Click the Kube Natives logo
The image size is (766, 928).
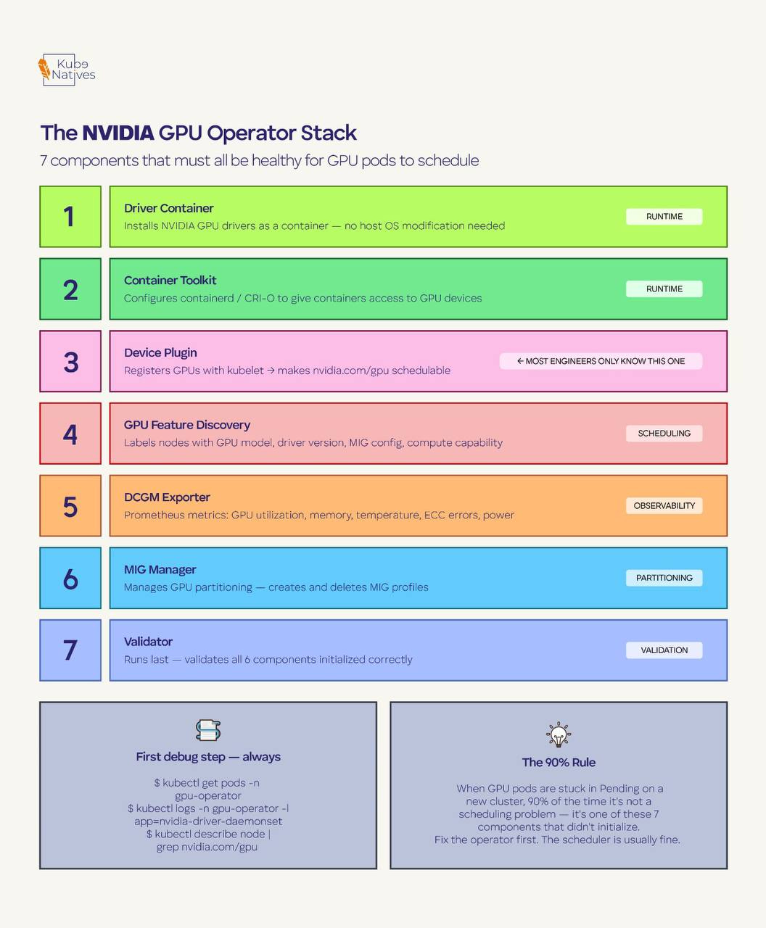pyautogui.click(x=67, y=70)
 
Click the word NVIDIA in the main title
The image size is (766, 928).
pyautogui.click(x=118, y=133)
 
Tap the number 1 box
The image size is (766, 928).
pyautogui.click(x=70, y=217)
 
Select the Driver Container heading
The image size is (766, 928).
pyautogui.click(x=168, y=208)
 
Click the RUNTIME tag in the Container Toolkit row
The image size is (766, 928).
pyautogui.click(x=664, y=289)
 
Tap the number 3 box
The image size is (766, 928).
pyautogui.click(x=70, y=361)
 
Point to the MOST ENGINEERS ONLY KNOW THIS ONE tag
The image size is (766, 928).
pyautogui.click(x=601, y=361)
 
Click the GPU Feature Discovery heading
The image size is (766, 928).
pyautogui.click(x=186, y=425)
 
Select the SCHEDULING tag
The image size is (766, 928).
pyautogui.click(x=664, y=434)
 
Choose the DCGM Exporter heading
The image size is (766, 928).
pyautogui.click(x=167, y=497)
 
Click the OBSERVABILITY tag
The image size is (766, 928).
pyautogui.click(x=664, y=505)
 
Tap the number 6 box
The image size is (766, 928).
pyautogui.click(x=70, y=578)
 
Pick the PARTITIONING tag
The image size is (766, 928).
pyautogui.click(x=664, y=578)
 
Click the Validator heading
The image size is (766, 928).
pyautogui.click(x=148, y=642)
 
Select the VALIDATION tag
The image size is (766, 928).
pyautogui.click(x=664, y=650)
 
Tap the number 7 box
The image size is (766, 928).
pyautogui.click(x=70, y=650)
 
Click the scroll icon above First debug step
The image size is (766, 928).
pyautogui.click(x=208, y=730)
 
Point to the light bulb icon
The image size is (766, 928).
pyautogui.click(x=558, y=734)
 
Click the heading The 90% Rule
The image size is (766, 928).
pyautogui.click(x=559, y=762)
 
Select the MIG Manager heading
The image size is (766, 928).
pyautogui.click(x=160, y=570)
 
